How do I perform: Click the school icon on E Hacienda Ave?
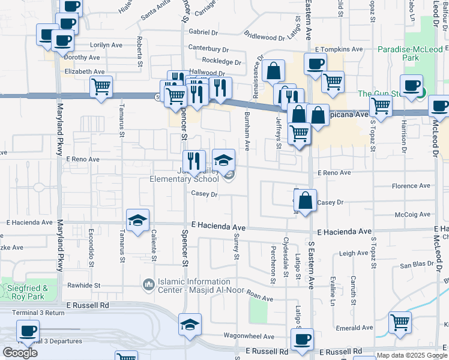click(x=137, y=220)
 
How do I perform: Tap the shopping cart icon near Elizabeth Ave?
click(x=101, y=87)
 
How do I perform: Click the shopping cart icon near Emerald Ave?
click(x=400, y=323)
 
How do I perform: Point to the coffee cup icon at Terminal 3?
click(x=28, y=331)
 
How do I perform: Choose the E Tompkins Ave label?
click(x=339, y=49)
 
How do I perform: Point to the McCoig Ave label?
click(x=412, y=214)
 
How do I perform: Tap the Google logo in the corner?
click(x=20, y=352)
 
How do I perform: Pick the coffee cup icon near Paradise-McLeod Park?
click(x=412, y=86)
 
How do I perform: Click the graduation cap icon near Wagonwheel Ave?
click(x=190, y=325)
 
